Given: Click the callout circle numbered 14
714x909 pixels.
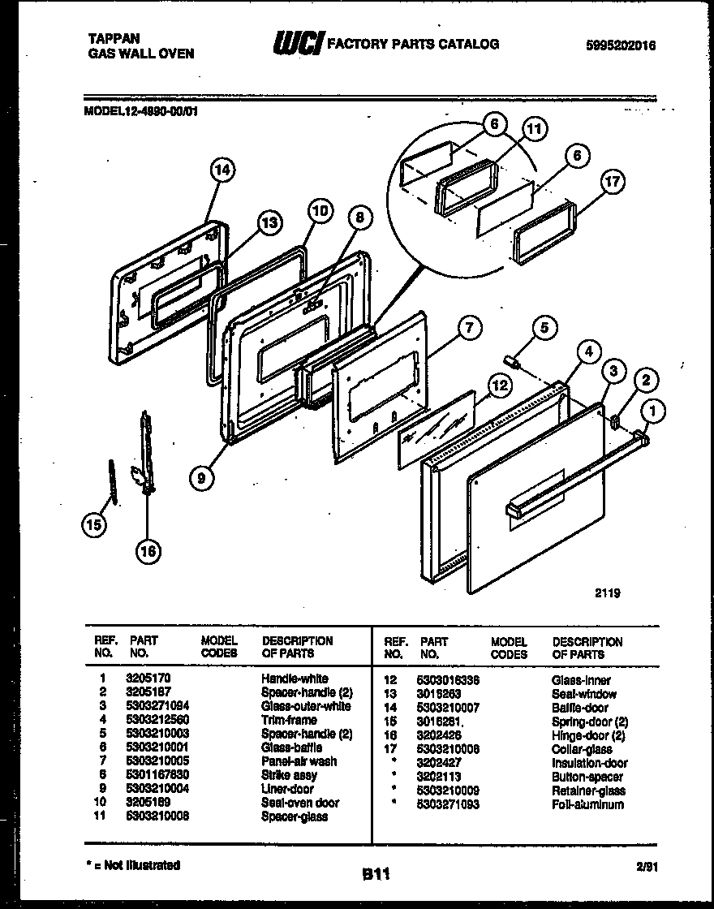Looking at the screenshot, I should click(x=222, y=170).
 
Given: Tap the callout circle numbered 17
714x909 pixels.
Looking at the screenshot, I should click(x=613, y=182).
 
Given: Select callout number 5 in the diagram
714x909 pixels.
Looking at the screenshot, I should click(x=544, y=328).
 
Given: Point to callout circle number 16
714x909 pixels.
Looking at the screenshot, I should click(x=148, y=551).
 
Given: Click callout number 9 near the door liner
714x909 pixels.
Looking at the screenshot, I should click(x=202, y=478).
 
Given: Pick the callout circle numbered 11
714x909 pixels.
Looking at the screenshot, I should click(x=534, y=128).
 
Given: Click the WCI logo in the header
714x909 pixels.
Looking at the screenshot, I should click(x=296, y=45).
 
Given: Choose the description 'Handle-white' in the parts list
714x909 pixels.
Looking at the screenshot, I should click(x=294, y=678).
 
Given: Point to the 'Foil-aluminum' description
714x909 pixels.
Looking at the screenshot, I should click(x=587, y=804).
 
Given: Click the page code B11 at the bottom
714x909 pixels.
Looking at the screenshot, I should click(x=376, y=874).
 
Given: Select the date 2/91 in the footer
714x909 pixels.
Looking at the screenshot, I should click(x=647, y=867).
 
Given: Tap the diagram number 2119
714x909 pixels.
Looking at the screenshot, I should click(x=607, y=593).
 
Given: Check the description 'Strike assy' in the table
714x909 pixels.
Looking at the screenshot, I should click(x=289, y=775).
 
